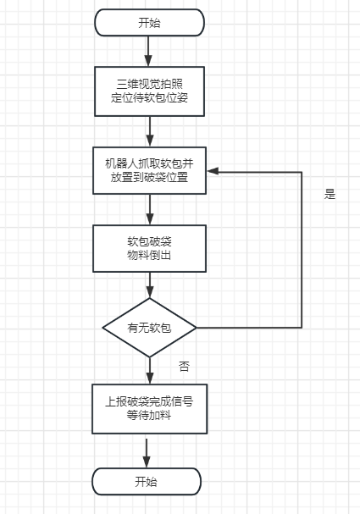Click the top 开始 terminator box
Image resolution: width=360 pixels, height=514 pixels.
pos(150,23)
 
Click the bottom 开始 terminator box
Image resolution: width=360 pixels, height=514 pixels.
pos(147,482)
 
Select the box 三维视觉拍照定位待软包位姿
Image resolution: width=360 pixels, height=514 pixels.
pos(150,91)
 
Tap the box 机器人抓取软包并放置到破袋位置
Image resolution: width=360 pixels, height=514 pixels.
pos(150,170)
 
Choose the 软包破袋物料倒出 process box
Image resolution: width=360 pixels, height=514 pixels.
pos(150,248)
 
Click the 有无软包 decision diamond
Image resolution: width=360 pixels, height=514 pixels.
pos(150,328)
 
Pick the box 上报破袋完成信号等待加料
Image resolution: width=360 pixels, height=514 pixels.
pos(150,409)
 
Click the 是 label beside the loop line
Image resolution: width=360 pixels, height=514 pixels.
pos(330,194)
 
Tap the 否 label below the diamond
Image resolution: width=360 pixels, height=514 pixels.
pos(184,366)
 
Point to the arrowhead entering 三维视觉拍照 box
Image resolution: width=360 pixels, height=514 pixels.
pos(148,61)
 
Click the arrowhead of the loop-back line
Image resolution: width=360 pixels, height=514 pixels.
pos(213,171)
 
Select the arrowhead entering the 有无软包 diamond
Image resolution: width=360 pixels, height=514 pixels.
pos(150,292)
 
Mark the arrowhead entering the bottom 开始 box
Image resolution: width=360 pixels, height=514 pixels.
pos(147,461)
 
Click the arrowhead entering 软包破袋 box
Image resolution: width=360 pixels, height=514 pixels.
pos(150,219)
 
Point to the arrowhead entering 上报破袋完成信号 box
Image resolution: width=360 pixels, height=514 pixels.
pos(150,379)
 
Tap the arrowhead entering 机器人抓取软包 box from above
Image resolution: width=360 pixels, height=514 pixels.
pos(150,141)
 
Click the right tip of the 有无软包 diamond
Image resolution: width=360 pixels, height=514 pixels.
pos(197,328)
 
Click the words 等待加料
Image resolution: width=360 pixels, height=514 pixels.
pos(149,416)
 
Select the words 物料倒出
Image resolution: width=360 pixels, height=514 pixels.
pos(149,255)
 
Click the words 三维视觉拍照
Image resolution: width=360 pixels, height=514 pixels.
pos(150,84)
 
